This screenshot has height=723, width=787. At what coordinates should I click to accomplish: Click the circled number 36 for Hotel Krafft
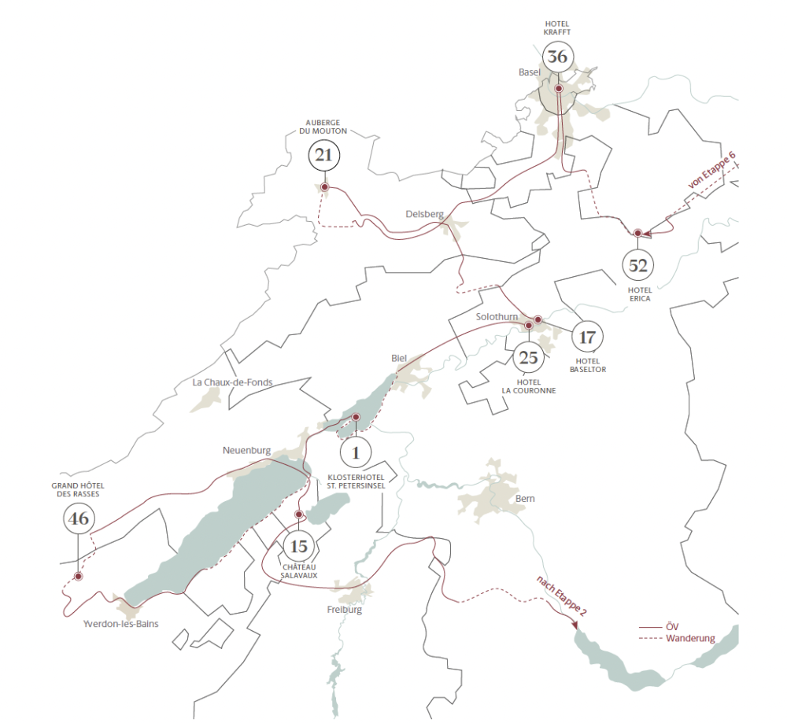tap(557, 57)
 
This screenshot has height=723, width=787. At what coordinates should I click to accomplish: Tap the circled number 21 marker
tap(323, 155)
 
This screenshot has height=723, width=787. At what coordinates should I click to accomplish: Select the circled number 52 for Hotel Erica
tap(637, 265)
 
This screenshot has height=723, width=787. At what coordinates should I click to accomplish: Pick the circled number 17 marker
tap(586, 338)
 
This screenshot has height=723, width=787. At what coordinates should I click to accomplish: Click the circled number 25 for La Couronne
tap(529, 358)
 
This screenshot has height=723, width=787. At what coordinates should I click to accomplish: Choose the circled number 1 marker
tap(356, 452)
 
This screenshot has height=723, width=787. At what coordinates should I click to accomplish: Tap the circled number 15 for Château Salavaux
tap(298, 545)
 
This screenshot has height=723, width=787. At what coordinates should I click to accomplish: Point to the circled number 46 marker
tap(78, 518)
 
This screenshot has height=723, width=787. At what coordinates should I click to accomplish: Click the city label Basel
tap(530, 72)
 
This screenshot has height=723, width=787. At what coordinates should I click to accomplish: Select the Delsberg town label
tap(425, 214)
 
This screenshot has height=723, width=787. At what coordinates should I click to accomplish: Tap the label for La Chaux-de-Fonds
tap(232, 382)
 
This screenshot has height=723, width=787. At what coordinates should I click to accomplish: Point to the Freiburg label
tap(345, 610)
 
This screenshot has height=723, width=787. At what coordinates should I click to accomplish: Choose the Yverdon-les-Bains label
tap(120, 624)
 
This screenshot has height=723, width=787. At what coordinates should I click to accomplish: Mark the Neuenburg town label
tap(246, 451)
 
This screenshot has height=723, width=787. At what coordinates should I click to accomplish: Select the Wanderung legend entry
tap(689, 638)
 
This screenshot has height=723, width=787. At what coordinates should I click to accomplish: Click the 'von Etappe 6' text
tap(712, 170)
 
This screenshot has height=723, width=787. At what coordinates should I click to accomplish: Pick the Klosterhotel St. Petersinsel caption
tap(355, 481)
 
